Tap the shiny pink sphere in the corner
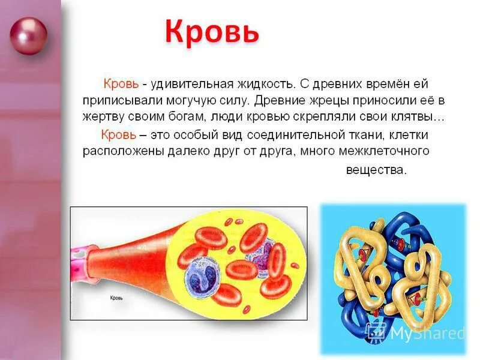[28, 36]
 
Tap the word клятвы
[418, 116]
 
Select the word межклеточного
[388, 151]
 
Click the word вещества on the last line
[376, 170]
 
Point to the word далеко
[187, 151]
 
